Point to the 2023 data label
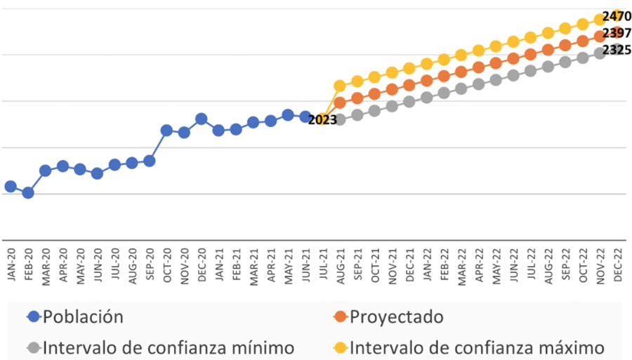pyautogui.click(x=322, y=120)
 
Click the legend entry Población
pyautogui.click(x=83, y=316)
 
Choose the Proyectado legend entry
pyautogui.click(x=397, y=316)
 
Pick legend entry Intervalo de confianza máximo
pyautogui.click(x=477, y=347)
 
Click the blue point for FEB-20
pyautogui.click(x=28, y=192)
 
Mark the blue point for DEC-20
pyautogui.click(x=202, y=119)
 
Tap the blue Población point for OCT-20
pyautogui.click(x=167, y=130)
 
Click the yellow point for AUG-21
pyautogui.click(x=340, y=86)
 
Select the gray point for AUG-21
pyautogui.click(x=340, y=119)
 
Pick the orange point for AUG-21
pyautogui.click(x=340, y=102)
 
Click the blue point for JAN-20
pyautogui.click(x=11, y=186)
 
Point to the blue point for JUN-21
pyautogui.click(x=305, y=116)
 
